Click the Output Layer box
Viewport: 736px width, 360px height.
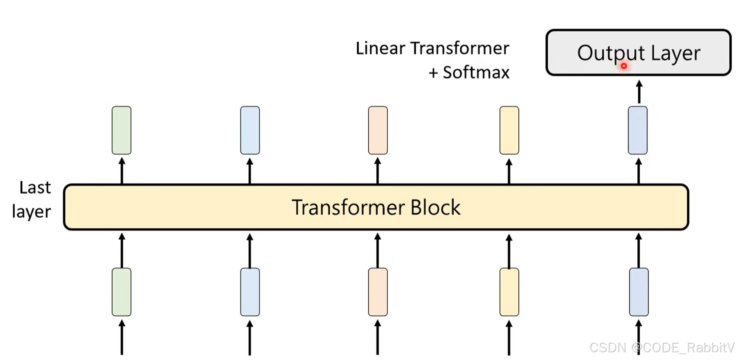click(x=638, y=52)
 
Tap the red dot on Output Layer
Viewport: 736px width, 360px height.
click(x=624, y=66)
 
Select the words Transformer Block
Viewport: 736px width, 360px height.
click(x=376, y=207)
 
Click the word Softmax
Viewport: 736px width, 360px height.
click(x=476, y=72)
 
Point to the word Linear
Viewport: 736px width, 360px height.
click(x=380, y=48)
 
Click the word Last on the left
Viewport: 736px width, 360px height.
click(x=35, y=188)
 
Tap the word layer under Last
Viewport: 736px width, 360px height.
click(x=31, y=211)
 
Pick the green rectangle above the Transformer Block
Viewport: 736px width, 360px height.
click(x=121, y=130)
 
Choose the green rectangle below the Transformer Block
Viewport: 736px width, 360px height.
click(x=121, y=292)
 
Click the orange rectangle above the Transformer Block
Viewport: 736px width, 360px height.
click(x=378, y=130)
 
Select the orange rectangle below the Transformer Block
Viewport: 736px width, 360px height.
click(x=378, y=292)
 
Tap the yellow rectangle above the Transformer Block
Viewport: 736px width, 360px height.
click(x=509, y=130)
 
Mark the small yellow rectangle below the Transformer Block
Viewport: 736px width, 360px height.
click(x=509, y=292)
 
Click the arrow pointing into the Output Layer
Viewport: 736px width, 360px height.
click(x=639, y=92)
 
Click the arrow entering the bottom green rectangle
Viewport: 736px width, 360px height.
click(x=122, y=337)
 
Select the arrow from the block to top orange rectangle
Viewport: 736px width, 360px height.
click(x=378, y=171)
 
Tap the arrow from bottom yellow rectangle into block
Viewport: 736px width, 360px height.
click(x=509, y=250)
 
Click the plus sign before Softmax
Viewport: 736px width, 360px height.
click(x=433, y=73)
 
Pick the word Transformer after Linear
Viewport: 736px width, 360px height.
click(x=460, y=48)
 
